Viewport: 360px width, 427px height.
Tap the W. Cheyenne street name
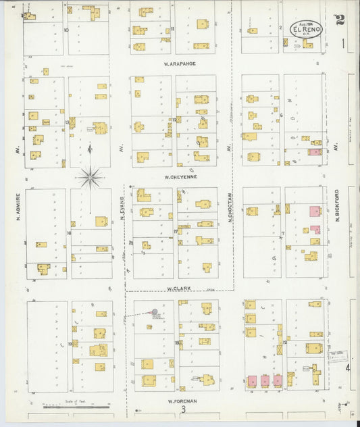[x=180, y=177]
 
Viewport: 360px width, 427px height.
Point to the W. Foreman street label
[x=182, y=400]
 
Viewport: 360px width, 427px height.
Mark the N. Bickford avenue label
[x=336, y=205]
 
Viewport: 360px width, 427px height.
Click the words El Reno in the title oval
[x=307, y=30]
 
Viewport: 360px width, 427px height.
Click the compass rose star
[x=90, y=178]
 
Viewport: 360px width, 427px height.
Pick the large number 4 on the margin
[x=349, y=368]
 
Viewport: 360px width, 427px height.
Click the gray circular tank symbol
[x=155, y=312]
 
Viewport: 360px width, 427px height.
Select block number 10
[x=66, y=30]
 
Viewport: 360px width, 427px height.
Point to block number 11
[x=173, y=29]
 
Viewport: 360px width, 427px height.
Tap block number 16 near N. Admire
[x=68, y=233]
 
